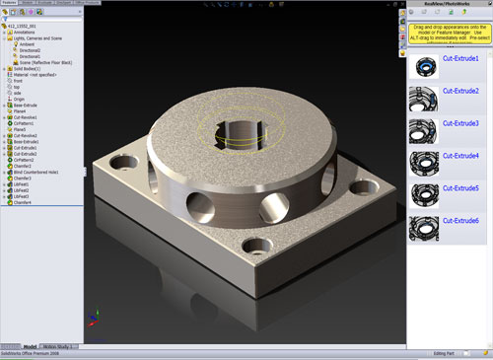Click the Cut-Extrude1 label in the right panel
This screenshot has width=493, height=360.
pos(460,59)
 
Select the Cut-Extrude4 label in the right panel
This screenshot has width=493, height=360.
pos(460,156)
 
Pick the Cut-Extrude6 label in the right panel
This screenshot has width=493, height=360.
pos(460,220)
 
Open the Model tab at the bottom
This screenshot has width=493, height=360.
pos(29,347)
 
